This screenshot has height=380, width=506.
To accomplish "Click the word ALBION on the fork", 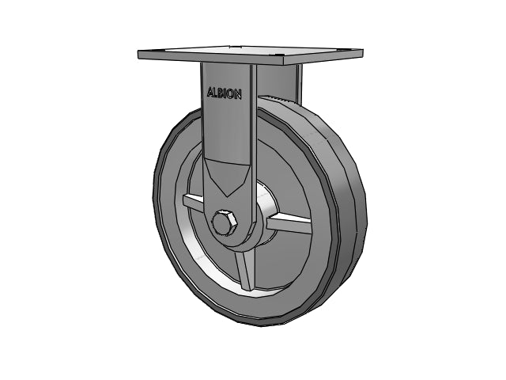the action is point(225,93).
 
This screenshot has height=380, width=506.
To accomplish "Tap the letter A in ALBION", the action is point(210,92).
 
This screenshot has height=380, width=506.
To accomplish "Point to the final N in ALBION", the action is point(237,94).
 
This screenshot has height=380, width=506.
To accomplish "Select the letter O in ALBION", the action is point(230,93).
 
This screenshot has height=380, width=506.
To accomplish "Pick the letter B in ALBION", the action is point(221,93).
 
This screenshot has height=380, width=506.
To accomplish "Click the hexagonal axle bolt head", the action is point(225,223).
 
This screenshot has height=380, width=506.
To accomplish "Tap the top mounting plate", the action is point(251,55).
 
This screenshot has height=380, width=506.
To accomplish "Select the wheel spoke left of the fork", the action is point(193,203).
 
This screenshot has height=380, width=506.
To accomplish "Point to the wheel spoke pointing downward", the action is point(244,271).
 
